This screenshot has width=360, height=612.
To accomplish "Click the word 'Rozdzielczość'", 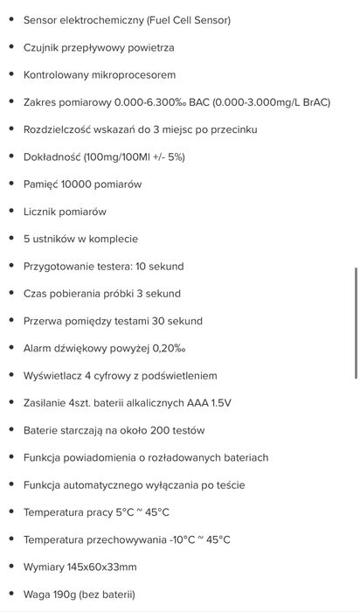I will (60, 129).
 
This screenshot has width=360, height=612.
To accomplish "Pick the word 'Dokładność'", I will (53, 156).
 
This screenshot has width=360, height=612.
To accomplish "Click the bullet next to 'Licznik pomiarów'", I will (9, 212).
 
